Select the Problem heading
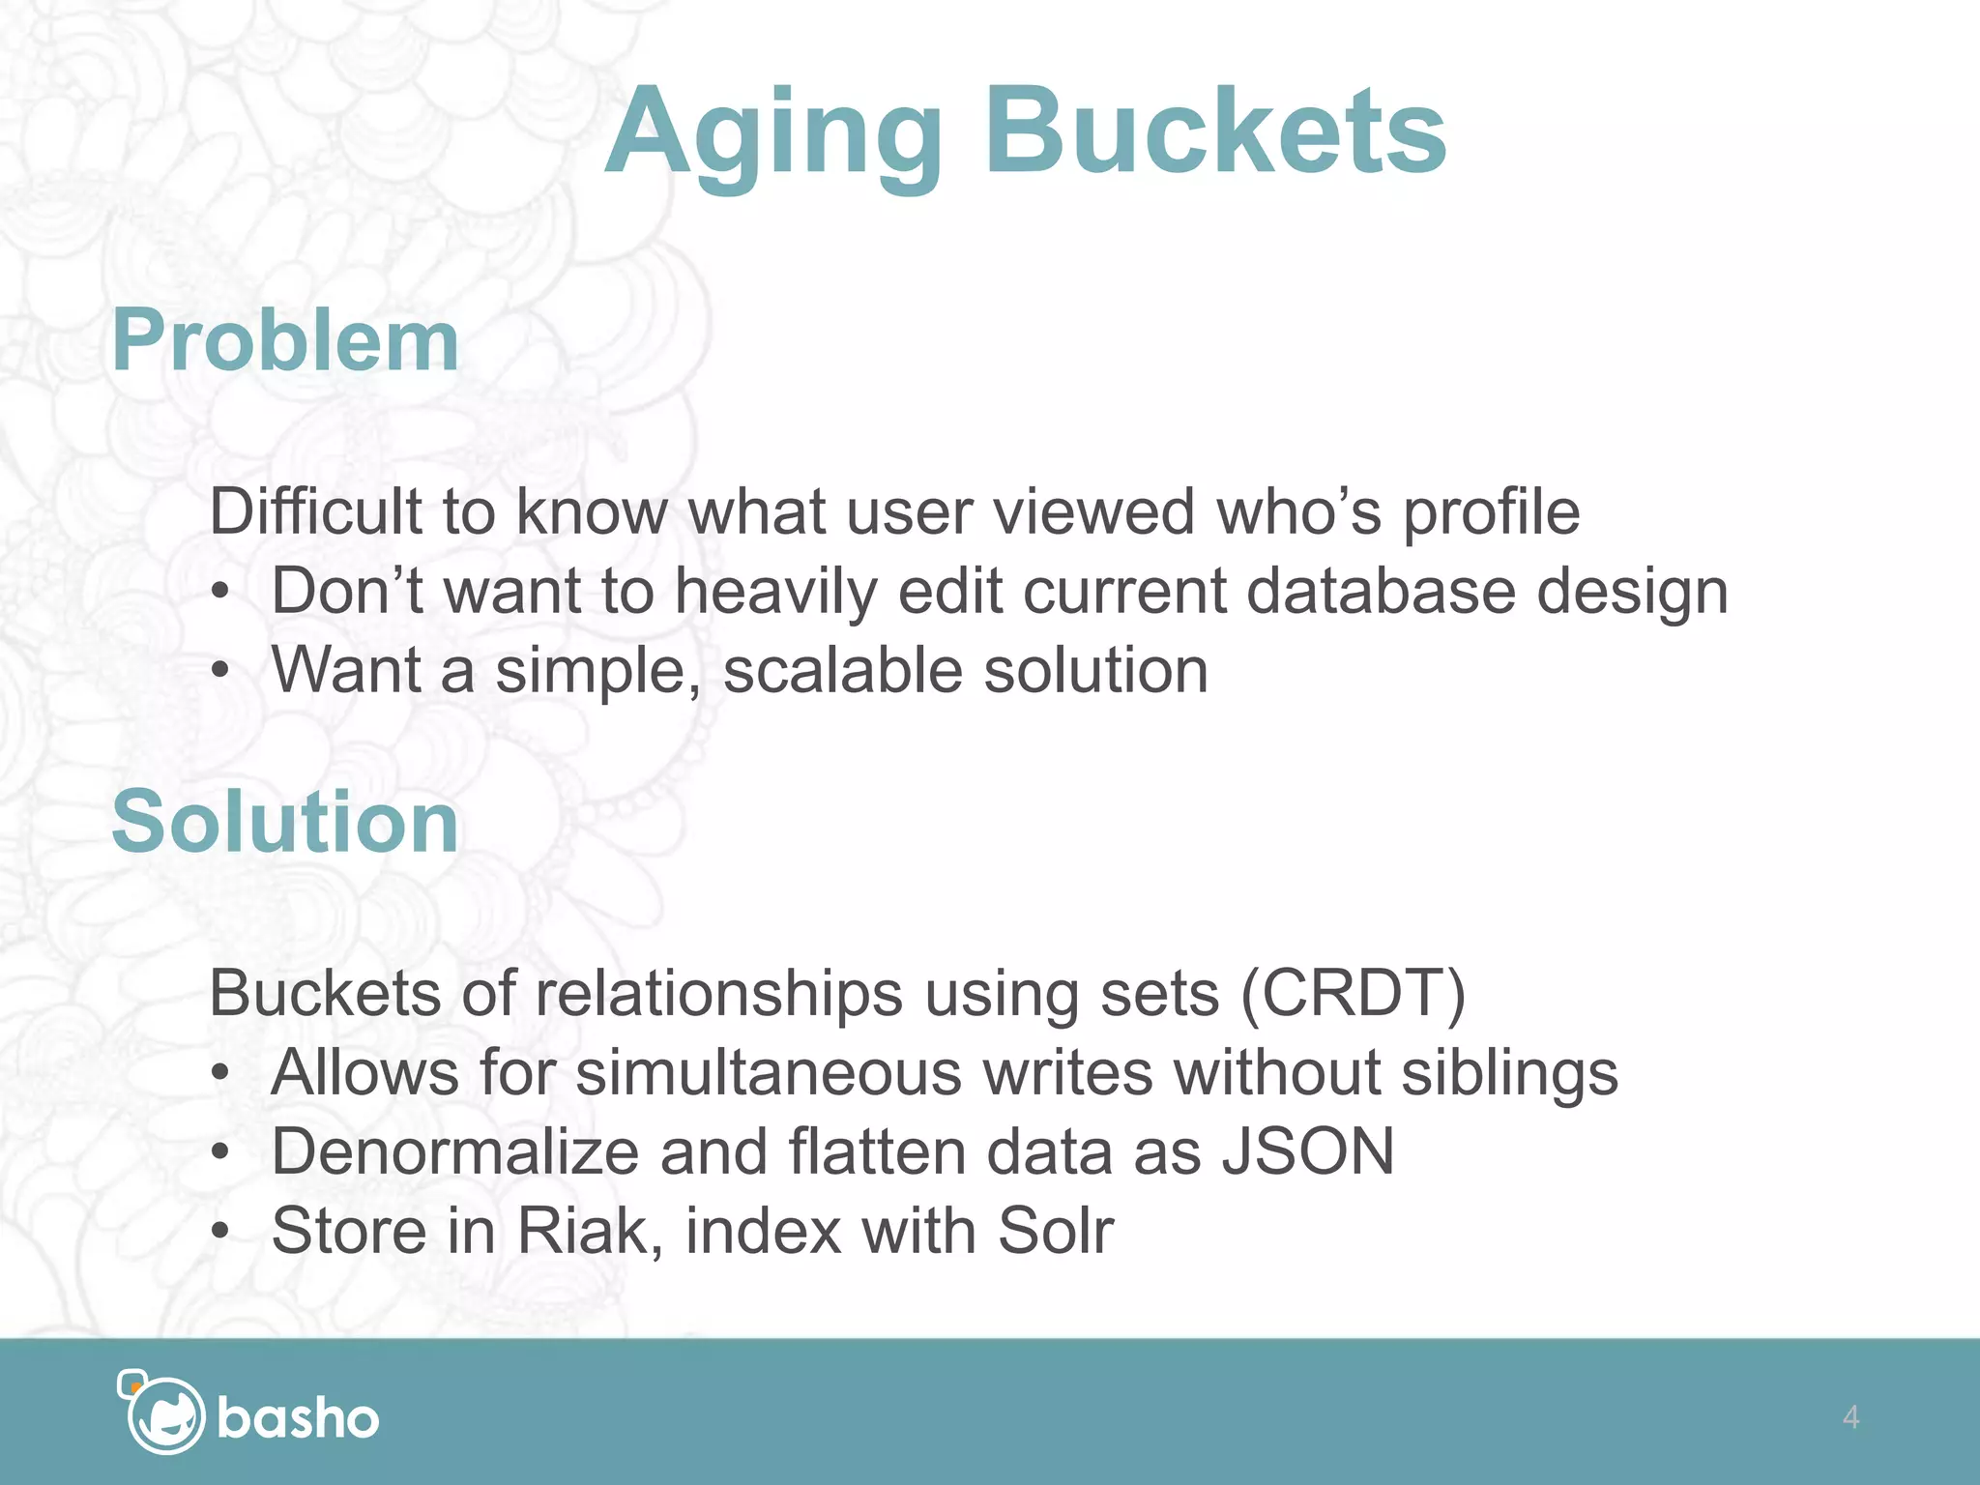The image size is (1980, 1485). click(285, 340)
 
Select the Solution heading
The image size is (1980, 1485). click(285, 822)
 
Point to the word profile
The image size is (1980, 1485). click(1491, 512)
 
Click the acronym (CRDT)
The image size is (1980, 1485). click(1353, 993)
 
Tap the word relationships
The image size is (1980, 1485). click(718, 995)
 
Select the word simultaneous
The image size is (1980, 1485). click(769, 1072)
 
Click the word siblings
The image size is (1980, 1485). click(1509, 1074)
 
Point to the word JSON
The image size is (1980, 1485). click(1308, 1151)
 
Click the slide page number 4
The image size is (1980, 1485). click(1850, 1417)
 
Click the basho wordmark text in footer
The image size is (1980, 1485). click(298, 1419)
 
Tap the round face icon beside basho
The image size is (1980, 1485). click(164, 1415)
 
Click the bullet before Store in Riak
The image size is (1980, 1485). click(221, 1232)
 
